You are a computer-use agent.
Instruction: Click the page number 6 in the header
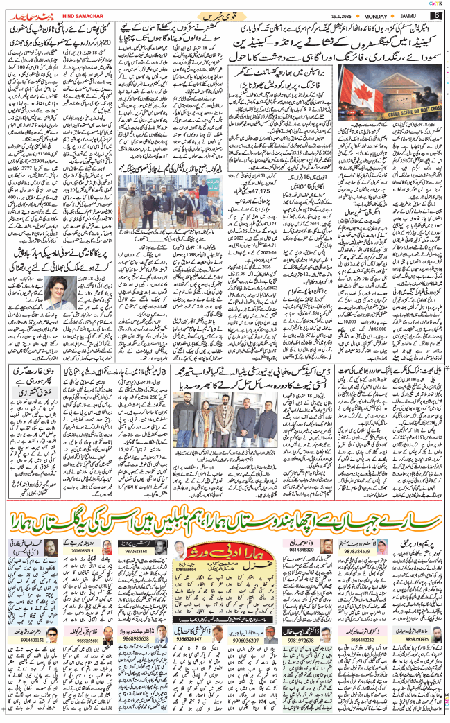pyautogui.click(x=436, y=15)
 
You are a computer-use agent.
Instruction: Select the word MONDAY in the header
pyautogui.click(x=381, y=15)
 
